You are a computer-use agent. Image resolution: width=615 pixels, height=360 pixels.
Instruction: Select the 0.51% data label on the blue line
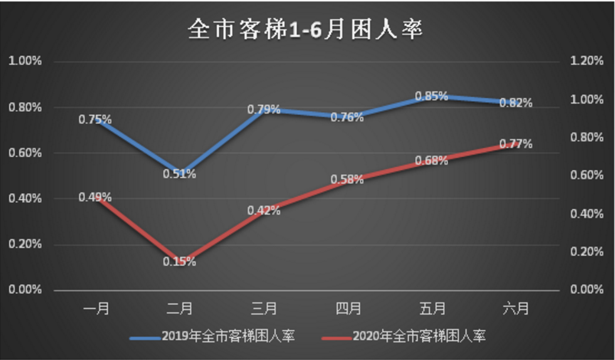click(179, 174)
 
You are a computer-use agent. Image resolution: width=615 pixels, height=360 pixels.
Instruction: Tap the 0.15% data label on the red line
click(179, 261)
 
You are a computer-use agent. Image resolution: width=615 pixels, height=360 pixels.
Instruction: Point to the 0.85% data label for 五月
click(432, 97)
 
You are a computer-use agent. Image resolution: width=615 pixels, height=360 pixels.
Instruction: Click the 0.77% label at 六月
click(515, 143)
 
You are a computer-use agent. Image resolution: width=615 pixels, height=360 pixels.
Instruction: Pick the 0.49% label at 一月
click(95, 197)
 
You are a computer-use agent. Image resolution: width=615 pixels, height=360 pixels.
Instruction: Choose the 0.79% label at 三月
click(263, 110)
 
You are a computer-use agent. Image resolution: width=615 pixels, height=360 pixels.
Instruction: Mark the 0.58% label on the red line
click(348, 179)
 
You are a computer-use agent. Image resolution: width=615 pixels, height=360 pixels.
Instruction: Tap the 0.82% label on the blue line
click(515, 103)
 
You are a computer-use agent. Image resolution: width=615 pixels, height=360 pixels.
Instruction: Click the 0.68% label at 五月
click(432, 160)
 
